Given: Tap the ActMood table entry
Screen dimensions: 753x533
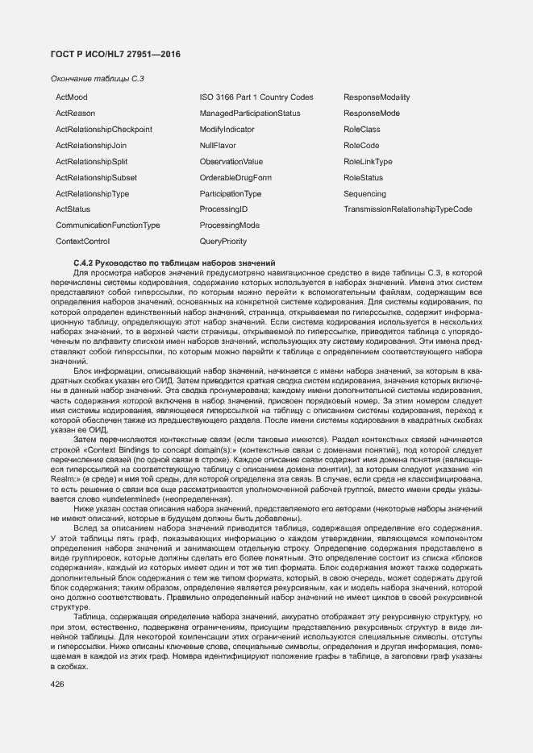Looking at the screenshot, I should pos(71,97).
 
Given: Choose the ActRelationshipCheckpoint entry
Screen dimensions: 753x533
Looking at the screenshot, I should pos(103,130).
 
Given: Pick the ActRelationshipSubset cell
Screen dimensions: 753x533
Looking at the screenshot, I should pos(96,178).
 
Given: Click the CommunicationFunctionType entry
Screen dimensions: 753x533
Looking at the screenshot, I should pos(107,225).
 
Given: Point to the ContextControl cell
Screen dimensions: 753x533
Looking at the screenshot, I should pos(82,242).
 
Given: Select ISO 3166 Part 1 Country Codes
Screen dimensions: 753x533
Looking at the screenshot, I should pos(256,97).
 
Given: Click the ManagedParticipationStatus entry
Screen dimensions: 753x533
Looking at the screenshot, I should pos(250,114).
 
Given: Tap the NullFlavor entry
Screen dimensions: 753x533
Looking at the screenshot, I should pos(218,146).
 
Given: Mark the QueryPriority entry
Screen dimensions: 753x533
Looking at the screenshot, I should pos(223,242).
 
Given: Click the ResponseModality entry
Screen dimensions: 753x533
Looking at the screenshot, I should pos(377,97).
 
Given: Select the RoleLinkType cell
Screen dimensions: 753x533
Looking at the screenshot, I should pos(368,162).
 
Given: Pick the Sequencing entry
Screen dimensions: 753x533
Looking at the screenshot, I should pos(364,194).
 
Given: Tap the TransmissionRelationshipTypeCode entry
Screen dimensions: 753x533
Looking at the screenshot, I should pos(408,209).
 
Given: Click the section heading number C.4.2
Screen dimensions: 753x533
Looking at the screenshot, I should pos(85,263).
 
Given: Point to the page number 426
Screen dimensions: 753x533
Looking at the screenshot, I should pos(56,685).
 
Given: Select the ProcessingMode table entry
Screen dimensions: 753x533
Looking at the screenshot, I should pos(229,225).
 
